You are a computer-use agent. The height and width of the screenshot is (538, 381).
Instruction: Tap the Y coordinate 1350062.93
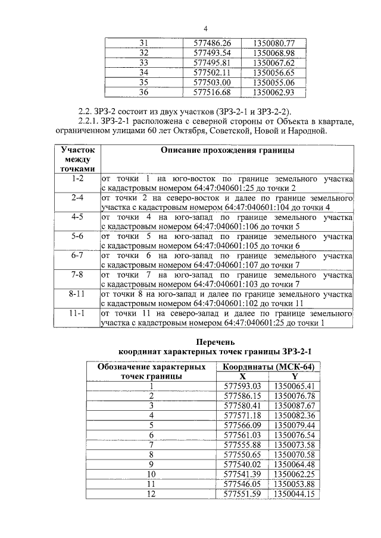tap(273, 92)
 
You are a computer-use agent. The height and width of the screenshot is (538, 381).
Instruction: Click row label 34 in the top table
tap(143, 73)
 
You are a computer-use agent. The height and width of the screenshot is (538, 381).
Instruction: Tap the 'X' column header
tap(242, 376)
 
